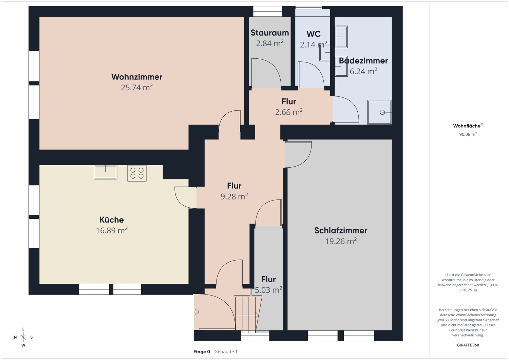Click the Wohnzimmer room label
[x=137, y=77]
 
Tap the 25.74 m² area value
[x=137, y=88]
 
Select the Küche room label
[x=112, y=220]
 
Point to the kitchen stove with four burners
[x=137, y=173]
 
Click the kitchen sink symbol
[x=106, y=172]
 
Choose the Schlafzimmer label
[x=341, y=231]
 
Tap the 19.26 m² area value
[x=341, y=241]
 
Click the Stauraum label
[x=270, y=33]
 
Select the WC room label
[x=314, y=34]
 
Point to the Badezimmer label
[x=363, y=61]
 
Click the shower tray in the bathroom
[x=380, y=112]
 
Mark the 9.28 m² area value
[x=234, y=196]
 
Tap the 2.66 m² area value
[x=289, y=112]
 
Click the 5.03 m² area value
[x=268, y=290]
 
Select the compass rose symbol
[x=23, y=337]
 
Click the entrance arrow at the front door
[x=195, y=312]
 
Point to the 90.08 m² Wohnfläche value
[x=468, y=134]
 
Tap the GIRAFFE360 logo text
[x=468, y=345]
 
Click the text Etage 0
[x=202, y=352]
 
